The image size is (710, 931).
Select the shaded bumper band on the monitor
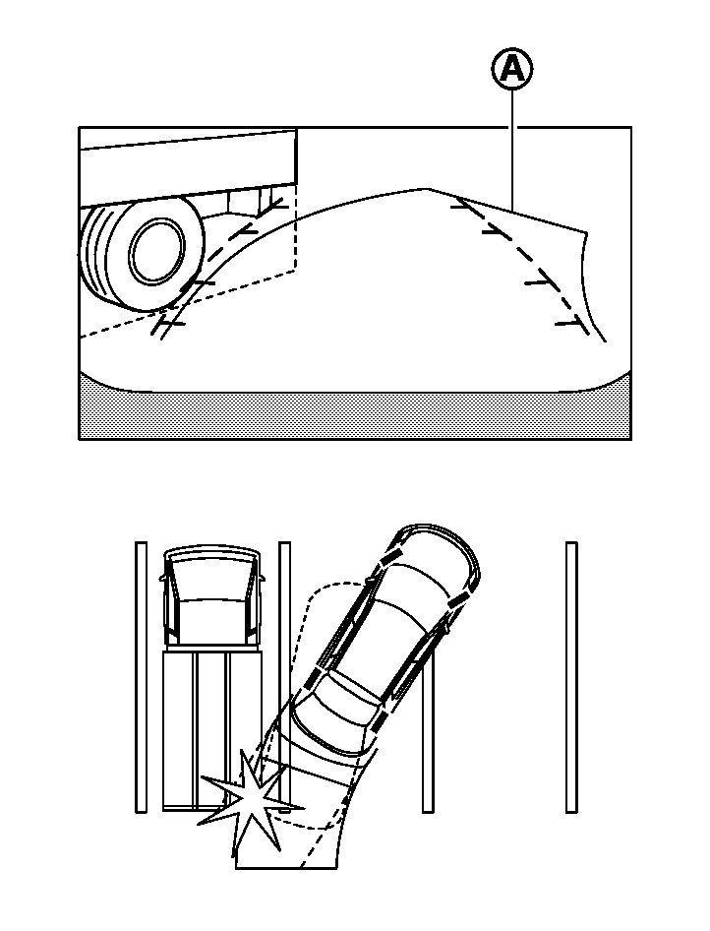pyautogui.click(x=354, y=413)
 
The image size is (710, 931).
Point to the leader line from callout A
pyautogui.click(x=511, y=148)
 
